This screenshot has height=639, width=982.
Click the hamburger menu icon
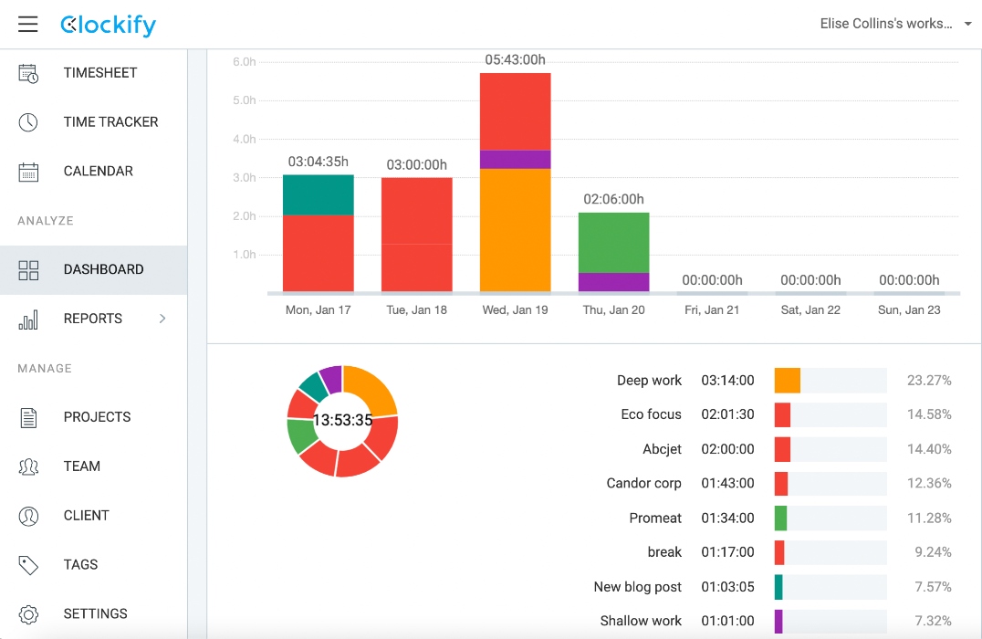(28, 25)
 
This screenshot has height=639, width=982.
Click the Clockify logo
(108, 25)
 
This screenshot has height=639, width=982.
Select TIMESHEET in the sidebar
(99, 73)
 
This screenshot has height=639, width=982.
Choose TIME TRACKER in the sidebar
(110, 122)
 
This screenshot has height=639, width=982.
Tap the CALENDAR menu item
(98, 172)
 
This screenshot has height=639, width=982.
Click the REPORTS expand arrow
(162, 319)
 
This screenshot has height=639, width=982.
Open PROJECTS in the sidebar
(97, 417)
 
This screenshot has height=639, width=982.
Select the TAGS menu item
(80, 565)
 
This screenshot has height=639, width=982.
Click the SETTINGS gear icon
(28, 614)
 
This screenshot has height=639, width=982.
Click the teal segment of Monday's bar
(319, 194)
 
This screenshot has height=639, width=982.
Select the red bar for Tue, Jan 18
(417, 235)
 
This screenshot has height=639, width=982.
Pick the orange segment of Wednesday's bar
(516, 230)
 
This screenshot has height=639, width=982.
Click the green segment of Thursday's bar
(614, 243)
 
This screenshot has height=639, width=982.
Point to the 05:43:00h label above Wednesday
(516, 59)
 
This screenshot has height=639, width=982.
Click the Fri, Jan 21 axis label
(712, 310)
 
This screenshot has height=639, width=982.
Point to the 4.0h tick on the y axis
(244, 140)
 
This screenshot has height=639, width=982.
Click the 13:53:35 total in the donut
(342, 421)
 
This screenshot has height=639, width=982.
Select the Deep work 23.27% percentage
(929, 381)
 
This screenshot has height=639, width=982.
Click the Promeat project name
(655, 519)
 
